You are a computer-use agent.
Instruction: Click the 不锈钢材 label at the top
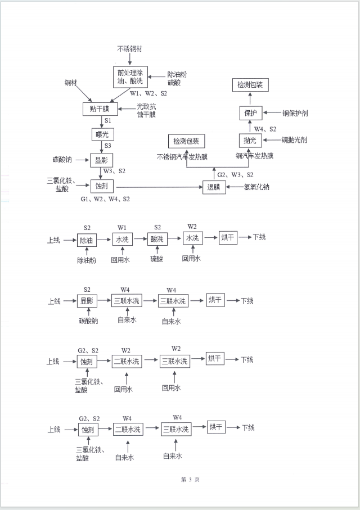point(129,49)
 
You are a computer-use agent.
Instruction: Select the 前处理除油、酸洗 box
point(130,77)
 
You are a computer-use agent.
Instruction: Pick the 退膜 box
point(214,187)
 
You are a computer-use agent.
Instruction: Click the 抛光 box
point(250,139)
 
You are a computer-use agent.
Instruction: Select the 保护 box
point(250,113)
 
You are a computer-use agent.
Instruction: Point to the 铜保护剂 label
point(294,113)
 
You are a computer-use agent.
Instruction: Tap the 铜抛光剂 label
point(294,139)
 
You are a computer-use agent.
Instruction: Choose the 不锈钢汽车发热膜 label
point(182,157)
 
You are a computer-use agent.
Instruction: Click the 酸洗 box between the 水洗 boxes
point(156,239)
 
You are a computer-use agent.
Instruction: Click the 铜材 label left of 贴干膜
point(71,83)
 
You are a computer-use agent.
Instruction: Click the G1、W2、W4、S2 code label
point(105,198)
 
